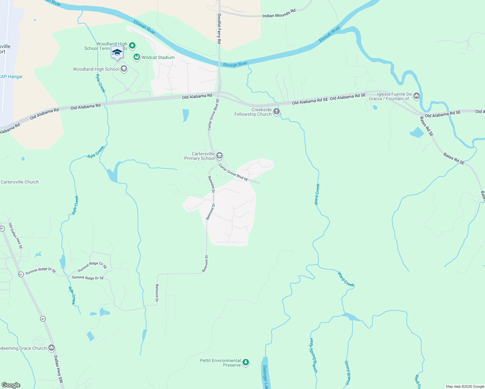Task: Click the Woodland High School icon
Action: pos(124,69)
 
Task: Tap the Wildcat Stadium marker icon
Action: pos(137,57)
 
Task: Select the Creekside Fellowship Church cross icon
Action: pos(277,112)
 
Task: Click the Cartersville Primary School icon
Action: pos(219,156)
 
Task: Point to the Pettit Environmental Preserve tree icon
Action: pos(246,362)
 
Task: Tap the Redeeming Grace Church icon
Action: pos(52,348)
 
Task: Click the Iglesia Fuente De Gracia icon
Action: pos(417,96)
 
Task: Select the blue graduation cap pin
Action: pos(117,53)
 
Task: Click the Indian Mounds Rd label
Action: pos(279,13)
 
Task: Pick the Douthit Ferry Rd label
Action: pos(219,29)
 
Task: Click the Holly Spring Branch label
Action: pos(313,355)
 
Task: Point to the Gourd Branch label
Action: pos(348,373)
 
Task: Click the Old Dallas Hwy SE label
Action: pos(16,236)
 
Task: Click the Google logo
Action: pos(11,385)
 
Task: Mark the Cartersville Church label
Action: pos(20,182)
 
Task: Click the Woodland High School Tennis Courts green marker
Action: pos(132,46)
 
